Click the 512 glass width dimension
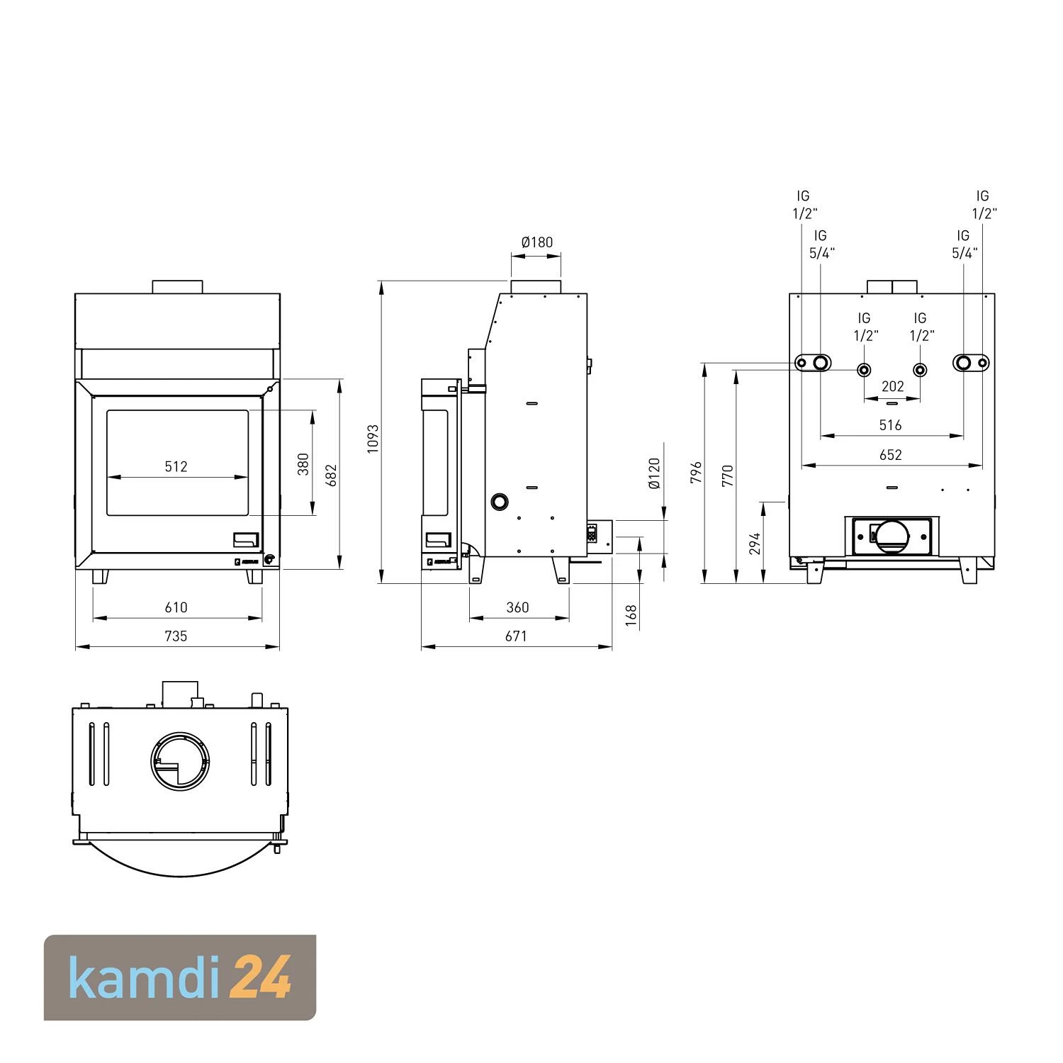(x=176, y=466)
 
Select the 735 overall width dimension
(x=176, y=636)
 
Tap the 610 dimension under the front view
(x=176, y=607)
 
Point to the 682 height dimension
(x=331, y=476)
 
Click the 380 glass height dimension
(x=303, y=464)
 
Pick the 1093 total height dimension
(x=373, y=439)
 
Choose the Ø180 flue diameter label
(x=536, y=242)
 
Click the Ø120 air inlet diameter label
(x=654, y=473)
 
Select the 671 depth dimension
(x=516, y=636)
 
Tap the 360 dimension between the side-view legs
(x=517, y=607)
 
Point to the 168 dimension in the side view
(x=631, y=616)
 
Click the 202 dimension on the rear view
(x=892, y=386)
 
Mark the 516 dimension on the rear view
(x=890, y=425)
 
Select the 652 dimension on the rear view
(x=890, y=455)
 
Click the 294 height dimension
(x=755, y=544)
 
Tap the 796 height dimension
(x=696, y=473)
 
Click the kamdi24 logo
(x=180, y=977)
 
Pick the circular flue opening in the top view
(x=180, y=762)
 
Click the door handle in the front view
(x=246, y=540)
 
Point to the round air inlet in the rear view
(x=892, y=536)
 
